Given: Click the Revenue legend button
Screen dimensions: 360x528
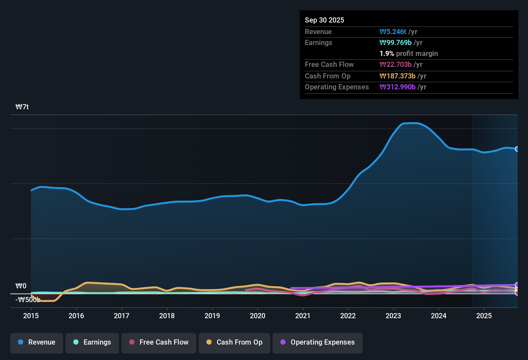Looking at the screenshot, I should point(37,342).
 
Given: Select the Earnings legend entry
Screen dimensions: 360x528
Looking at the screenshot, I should point(92,342).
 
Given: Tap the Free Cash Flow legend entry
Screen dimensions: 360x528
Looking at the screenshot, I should point(159,342).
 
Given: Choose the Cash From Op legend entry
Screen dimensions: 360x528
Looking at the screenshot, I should point(234,342).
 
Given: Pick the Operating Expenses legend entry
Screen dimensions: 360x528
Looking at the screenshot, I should point(318,342).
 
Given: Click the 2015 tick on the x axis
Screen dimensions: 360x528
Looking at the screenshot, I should point(31,316).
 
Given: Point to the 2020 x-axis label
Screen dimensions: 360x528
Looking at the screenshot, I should point(258,316).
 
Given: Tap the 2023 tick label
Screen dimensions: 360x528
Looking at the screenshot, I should point(393,316).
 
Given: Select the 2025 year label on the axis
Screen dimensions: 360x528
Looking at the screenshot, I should point(484,316).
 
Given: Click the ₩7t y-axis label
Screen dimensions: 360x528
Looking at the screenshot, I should point(22,107).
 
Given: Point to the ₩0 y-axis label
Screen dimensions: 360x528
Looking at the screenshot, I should point(21,286).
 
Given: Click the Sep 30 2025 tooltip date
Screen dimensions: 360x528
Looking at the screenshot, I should point(324,20).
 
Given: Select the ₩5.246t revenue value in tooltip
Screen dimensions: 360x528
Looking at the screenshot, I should point(393,32).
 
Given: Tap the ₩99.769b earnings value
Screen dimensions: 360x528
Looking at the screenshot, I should point(396,43).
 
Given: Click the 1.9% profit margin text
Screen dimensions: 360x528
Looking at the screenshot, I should point(409,54).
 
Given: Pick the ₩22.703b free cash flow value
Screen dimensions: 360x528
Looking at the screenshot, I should point(396,65).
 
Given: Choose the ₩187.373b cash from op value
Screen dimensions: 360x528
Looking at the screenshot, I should point(397,76).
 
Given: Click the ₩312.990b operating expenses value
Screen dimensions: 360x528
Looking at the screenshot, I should point(397,87).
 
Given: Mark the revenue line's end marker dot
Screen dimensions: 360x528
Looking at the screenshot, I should point(517,149).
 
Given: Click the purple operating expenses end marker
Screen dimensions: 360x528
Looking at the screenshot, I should point(517,285).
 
